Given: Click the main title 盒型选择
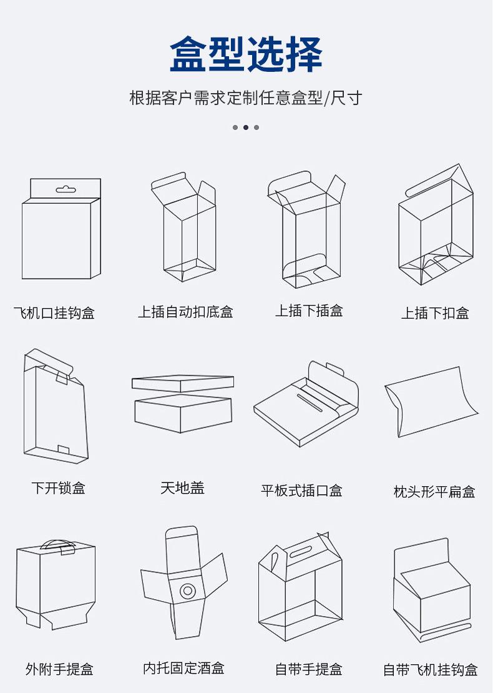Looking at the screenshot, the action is coord(246,54).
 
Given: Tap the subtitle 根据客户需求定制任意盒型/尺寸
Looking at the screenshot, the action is coord(246,98).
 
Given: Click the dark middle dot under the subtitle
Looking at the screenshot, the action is coord(246,127).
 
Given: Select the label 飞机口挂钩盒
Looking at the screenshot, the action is coord(54,312).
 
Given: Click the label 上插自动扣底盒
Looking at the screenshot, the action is coord(185,312).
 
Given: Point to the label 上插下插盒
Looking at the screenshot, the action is coord(309,311).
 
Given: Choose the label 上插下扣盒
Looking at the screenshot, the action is coord(435,313).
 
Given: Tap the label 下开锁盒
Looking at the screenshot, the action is coord(59,487).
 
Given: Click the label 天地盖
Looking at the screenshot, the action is coord(182,487).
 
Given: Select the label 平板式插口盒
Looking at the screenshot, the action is coord(301,491).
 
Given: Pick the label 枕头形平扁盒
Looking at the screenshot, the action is coord(434,492).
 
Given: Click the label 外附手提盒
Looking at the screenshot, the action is coord(59,669).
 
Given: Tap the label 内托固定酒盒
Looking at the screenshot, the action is coord(183,668).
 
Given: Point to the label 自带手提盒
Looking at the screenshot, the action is coord(309,669).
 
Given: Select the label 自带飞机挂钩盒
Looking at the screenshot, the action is coord(431,670).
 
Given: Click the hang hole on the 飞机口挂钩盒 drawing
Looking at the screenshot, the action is coord(65,189).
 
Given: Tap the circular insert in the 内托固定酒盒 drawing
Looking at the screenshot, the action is coord(187,590).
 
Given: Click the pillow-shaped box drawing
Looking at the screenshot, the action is coord(431,400).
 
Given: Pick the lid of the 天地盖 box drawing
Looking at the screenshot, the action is coord(182,383).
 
